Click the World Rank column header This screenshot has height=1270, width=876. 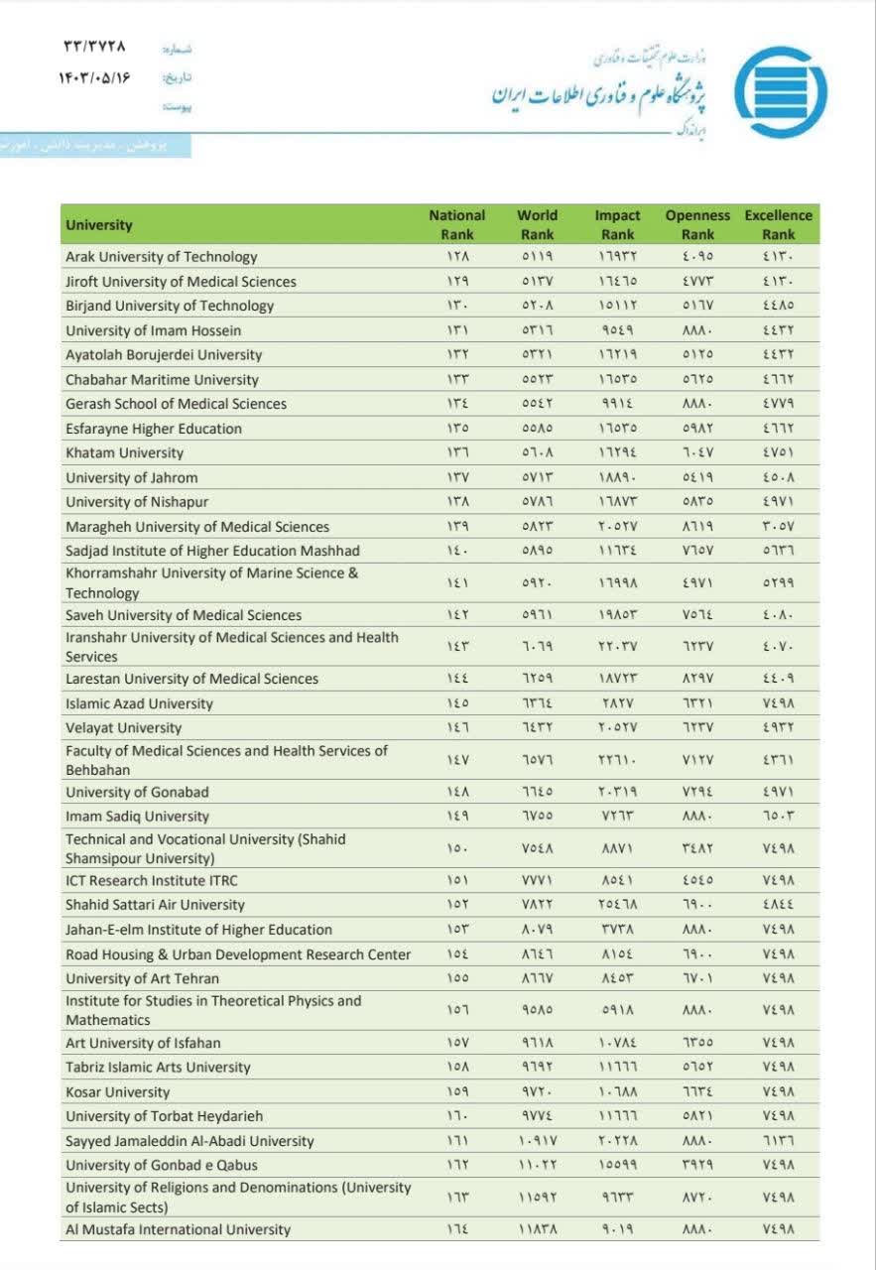tap(537, 224)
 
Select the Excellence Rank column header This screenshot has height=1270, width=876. tap(779, 224)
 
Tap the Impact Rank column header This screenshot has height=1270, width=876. tap(617, 224)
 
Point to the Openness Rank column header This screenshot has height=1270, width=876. tap(697, 224)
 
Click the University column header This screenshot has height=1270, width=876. tap(99, 225)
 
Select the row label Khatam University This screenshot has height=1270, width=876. tap(125, 452)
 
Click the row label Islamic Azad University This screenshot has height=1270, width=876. tap(139, 703)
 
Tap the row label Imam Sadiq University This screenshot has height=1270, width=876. tap(138, 817)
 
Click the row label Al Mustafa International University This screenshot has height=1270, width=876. tap(179, 1229)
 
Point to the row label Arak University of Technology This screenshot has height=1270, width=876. tap(162, 257)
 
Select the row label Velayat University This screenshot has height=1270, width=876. tap(124, 728)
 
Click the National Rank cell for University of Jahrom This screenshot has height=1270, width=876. tap(457, 477)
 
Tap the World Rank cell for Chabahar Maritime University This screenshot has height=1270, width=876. tap(537, 379)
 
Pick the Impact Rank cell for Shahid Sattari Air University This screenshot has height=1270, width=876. tap(617, 905)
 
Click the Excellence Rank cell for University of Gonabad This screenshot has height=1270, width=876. tap(779, 792)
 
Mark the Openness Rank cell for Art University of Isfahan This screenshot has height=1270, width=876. tap(697, 1043)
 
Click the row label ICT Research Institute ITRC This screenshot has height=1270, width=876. tap(152, 880)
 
